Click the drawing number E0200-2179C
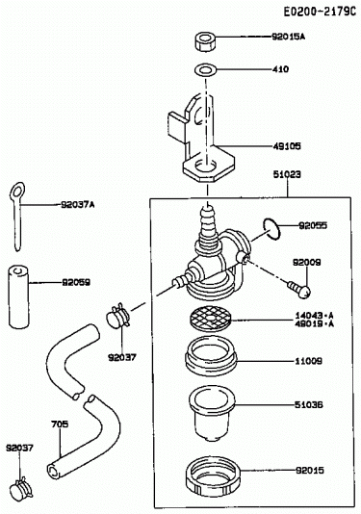(320, 12)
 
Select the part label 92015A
(288, 37)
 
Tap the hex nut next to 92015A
(205, 41)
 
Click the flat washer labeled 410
(205, 69)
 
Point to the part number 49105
(287, 146)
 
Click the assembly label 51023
(287, 174)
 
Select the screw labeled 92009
(299, 289)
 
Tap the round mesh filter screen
(210, 318)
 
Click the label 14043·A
(314, 316)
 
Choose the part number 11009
(308, 361)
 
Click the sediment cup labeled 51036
(212, 412)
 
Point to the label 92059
(76, 282)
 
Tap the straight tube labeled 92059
(18, 296)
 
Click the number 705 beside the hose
(60, 424)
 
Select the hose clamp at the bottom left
(21, 489)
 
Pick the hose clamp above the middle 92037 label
(118, 316)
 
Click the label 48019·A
(314, 323)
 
